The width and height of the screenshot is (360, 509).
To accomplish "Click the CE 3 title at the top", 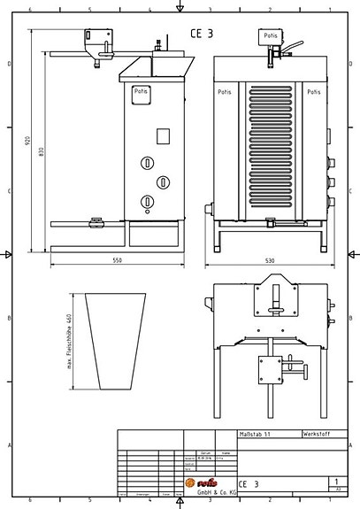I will tap(201, 33).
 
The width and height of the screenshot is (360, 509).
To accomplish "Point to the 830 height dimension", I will tap(41, 152).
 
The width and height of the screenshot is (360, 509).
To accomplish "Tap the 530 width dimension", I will tap(270, 261).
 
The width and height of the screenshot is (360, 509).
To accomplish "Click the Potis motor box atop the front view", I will tap(270, 35).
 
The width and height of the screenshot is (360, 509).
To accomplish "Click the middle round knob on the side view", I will tap(163, 181).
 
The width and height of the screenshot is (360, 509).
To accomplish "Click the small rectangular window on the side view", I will tap(161, 136).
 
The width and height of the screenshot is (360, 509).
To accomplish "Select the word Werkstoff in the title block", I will tap(316, 436).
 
